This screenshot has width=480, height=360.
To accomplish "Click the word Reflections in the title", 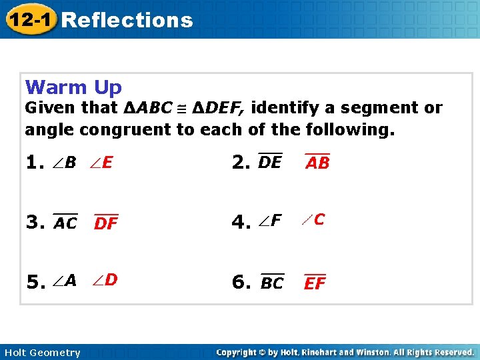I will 127,20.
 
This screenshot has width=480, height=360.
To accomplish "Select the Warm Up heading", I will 73,87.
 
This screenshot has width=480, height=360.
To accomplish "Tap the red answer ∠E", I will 103,162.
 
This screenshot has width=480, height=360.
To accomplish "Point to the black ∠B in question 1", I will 65,162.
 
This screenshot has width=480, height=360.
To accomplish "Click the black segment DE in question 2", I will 270,161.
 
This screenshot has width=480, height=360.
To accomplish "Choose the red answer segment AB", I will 317,163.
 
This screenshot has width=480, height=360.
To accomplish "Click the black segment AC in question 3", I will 65,223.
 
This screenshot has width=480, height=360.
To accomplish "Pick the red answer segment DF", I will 106,223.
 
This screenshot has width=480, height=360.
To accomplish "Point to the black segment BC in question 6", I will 272,283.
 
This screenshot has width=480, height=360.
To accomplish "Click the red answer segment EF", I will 315,283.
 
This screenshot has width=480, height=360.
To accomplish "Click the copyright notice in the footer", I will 345,352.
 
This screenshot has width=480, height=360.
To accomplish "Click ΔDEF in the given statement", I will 219,108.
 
